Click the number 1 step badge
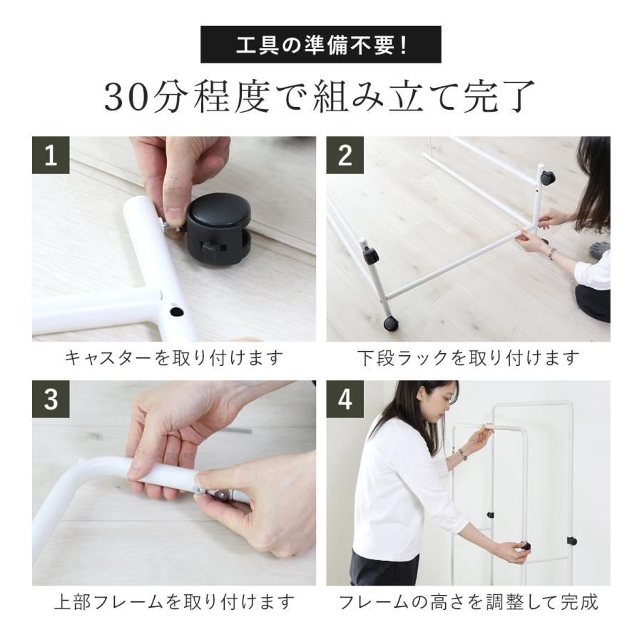pos(51,156)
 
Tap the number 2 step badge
pos(345,156)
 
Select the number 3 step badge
pos(51,399)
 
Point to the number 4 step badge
pos(345,399)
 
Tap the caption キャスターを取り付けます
pos(173,357)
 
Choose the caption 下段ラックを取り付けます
pos(468,357)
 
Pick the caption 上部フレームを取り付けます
pos(173,602)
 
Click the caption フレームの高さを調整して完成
pos(468,602)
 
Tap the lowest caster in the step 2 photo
pos(391,323)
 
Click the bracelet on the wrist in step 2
pos(551,253)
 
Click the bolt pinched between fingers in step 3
pos(220,494)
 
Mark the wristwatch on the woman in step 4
pos(463,454)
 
